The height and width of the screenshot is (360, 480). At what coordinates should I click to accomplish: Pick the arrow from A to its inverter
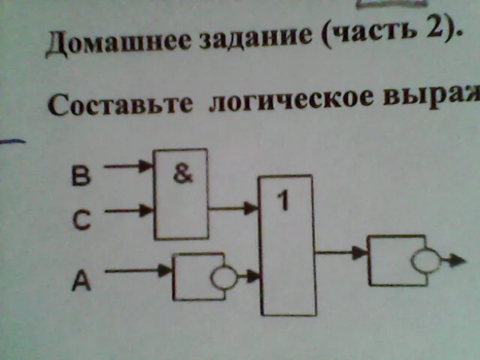coord(138,271)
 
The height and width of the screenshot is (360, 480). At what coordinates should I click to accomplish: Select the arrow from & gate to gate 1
coord(233,208)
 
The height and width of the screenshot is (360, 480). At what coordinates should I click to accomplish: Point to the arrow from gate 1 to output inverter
coord(341,253)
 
